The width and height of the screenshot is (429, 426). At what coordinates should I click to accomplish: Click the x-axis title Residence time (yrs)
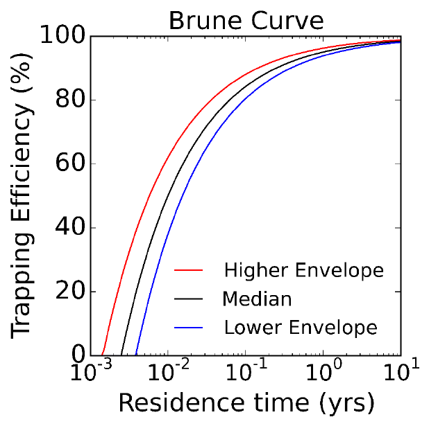click(x=246, y=402)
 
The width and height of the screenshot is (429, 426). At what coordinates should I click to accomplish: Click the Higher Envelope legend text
click(x=303, y=269)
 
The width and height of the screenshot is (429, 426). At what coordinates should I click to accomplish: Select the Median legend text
click(x=257, y=299)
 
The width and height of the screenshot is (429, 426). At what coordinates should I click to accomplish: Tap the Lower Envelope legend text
click(x=301, y=327)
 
